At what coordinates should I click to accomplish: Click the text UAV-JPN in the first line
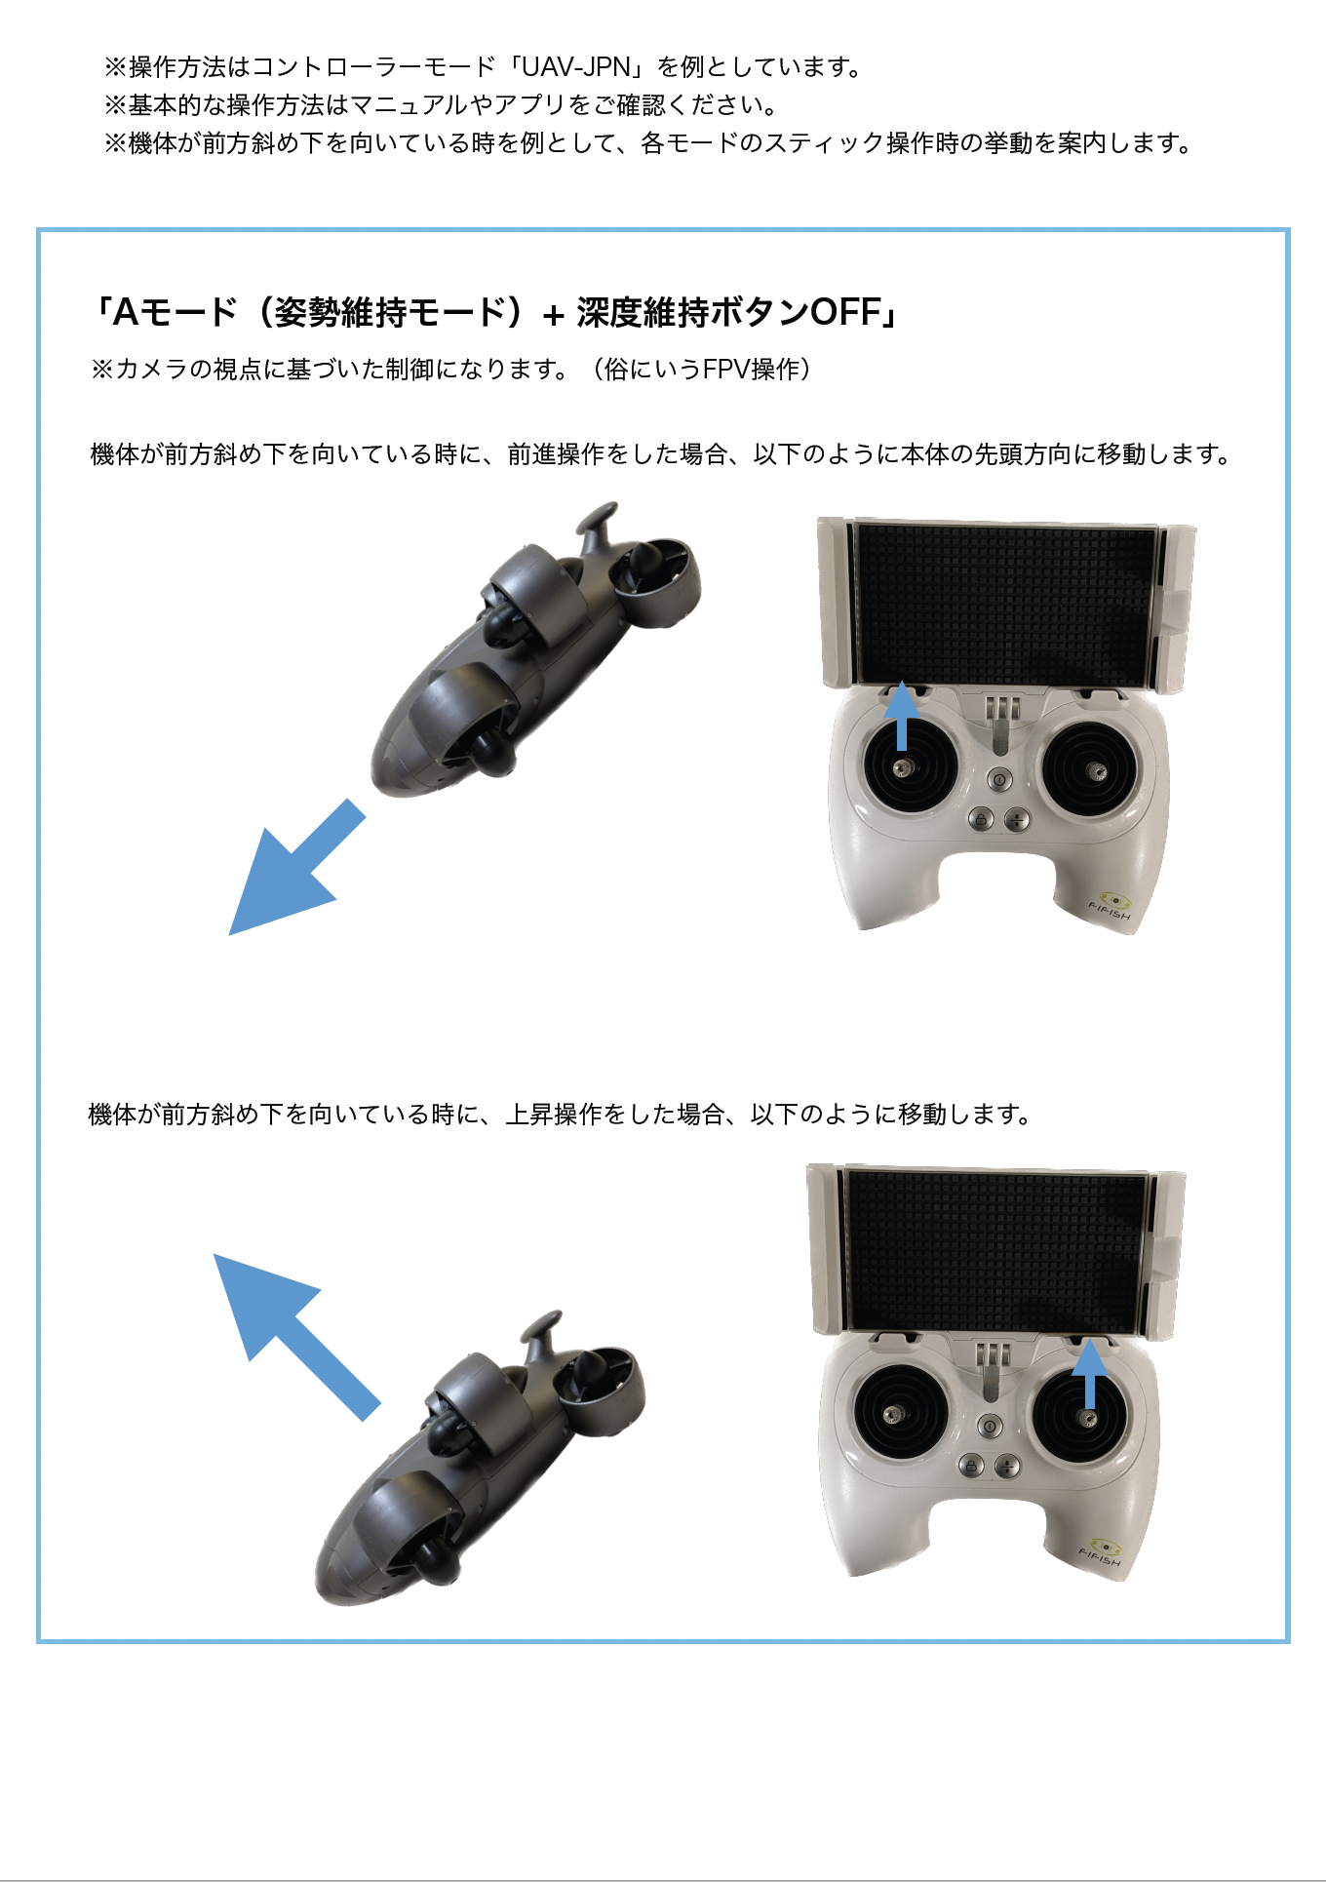(576, 67)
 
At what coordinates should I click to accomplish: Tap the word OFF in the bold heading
(845, 313)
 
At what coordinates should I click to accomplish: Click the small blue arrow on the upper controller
(902, 715)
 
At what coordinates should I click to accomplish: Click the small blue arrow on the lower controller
(1089, 1374)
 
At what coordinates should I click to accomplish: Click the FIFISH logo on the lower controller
(1101, 1553)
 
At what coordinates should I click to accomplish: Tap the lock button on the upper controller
(981, 819)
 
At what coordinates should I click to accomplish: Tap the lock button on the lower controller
(971, 1465)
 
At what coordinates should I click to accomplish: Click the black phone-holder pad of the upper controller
(1003, 603)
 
